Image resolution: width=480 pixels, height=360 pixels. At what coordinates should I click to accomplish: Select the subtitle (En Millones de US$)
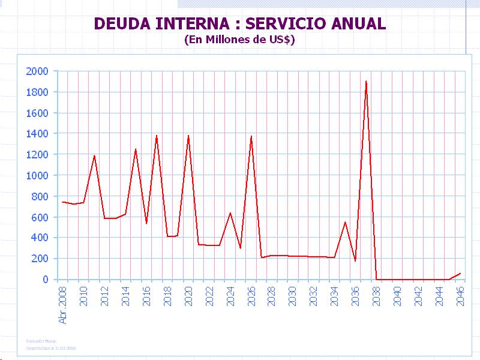tap(239, 40)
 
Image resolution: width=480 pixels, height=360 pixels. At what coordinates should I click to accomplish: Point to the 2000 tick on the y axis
tap(37, 71)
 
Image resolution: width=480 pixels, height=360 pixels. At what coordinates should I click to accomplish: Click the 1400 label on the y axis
tap(37, 134)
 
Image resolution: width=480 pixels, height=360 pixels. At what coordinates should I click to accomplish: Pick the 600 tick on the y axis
tap(40, 217)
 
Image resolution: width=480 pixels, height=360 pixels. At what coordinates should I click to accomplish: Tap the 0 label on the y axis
tap(45, 280)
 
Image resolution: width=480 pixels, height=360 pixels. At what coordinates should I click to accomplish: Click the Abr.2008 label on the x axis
tap(63, 305)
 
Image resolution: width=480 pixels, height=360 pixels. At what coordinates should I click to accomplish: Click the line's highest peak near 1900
tap(366, 81)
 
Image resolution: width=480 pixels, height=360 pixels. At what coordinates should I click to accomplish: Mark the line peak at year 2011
tap(94, 155)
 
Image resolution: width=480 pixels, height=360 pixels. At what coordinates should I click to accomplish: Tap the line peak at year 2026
tap(251, 136)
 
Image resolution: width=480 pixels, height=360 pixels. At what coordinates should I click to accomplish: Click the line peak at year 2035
tap(345, 223)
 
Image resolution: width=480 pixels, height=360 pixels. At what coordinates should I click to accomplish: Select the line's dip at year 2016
tap(146, 223)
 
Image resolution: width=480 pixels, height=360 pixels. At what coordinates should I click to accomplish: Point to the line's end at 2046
tap(460, 274)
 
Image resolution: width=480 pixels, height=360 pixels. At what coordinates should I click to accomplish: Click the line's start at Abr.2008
tap(62, 202)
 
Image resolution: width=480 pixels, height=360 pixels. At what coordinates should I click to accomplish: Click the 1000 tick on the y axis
tap(37, 175)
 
